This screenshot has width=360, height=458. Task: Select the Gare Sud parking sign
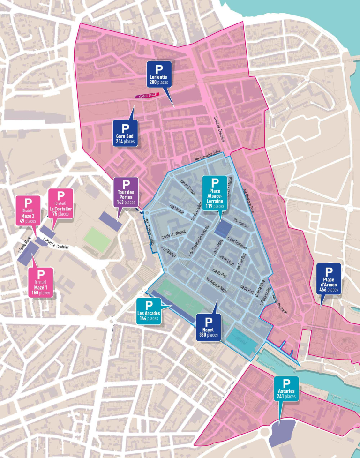tap(125, 133)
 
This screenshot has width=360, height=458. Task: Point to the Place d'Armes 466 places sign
tap(329, 278)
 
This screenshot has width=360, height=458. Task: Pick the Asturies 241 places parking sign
tap(286, 388)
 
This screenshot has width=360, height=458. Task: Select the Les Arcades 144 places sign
tap(149, 310)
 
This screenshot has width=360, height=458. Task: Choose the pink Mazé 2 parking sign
tap(29, 210)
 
